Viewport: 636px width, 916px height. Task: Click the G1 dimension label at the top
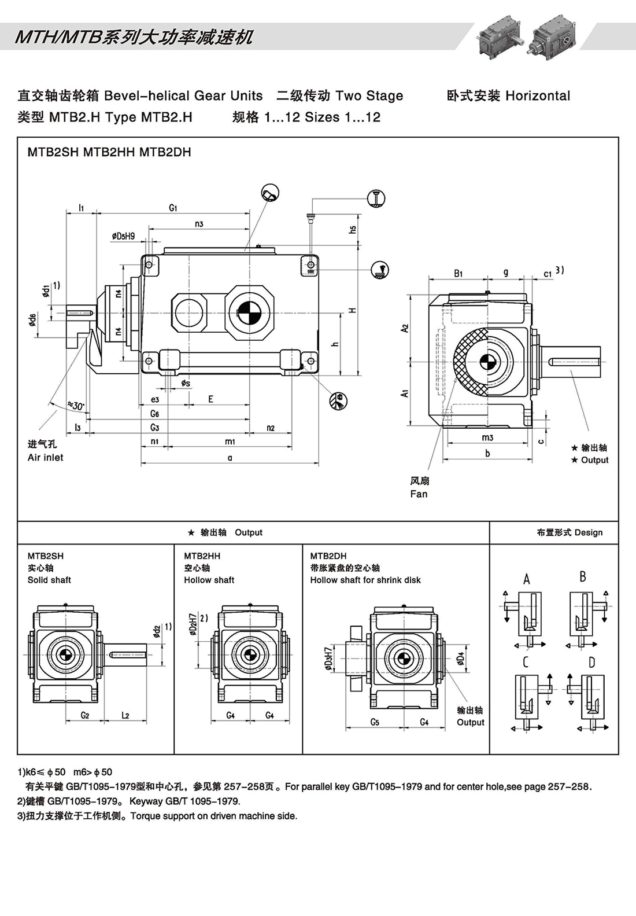173,208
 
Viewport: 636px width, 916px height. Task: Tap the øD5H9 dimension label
123,236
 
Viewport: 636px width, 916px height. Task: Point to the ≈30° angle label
76,406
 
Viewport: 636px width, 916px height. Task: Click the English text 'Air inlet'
45,458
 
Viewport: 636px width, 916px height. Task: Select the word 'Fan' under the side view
419,494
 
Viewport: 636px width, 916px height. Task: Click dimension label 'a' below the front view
230,458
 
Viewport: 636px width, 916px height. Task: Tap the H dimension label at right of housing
352,311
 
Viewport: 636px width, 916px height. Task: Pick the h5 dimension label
353,230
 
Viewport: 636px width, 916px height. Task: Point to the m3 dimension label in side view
487,438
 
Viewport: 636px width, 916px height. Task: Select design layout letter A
526,579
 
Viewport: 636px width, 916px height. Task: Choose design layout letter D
591,663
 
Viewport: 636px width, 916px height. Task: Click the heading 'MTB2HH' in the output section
202,556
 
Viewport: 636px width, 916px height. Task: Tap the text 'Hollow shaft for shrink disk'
365,580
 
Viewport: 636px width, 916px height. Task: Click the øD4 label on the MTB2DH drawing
461,659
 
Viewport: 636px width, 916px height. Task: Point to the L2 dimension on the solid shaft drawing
125,716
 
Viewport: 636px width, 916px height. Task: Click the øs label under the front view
185,383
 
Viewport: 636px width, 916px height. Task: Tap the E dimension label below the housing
210,399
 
